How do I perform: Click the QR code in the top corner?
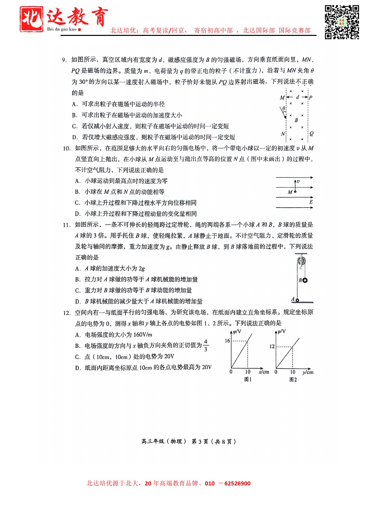pyautogui.click(x=342, y=22)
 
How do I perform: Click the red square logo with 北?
pyautogui.click(x=31, y=19)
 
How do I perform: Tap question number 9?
pyautogui.click(x=65, y=60)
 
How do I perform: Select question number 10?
pyautogui.click(x=66, y=149)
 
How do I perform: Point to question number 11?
pyautogui.click(x=66, y=225)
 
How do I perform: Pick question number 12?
pyautogui.click(x=66, y=313)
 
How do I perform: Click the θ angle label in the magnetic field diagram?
pyautogui.click(x=284, y=109)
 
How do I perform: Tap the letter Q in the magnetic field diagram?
pyautogui.click(x=311, y=134)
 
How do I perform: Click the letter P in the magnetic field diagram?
pyautogui.click(x=311, y=98)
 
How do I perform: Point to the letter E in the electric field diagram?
pyautogui.click(x=311, y=202)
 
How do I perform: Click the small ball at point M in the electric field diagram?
pyautogui.click(x=295, y=192)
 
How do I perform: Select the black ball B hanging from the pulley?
pyautogui.click(x=305, y=280)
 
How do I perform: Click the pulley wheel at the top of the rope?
pyautogui.click(x=301, y=260)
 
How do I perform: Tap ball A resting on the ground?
pyautogui.click(x=297, y=300)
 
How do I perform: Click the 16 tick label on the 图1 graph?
pyautogui.click(x=227, y=341)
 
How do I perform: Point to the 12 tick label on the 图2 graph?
pyautogui.click(x=272, y=346)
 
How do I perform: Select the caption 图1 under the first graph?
pyautogui.click(x=248, y=379)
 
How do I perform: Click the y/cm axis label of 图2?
pyautogui.click(x=308, y=372)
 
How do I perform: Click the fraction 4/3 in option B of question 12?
pyautogui.click(x=206, y=345)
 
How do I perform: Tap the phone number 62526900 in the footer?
pyautogui.click(x=237, y=483)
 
